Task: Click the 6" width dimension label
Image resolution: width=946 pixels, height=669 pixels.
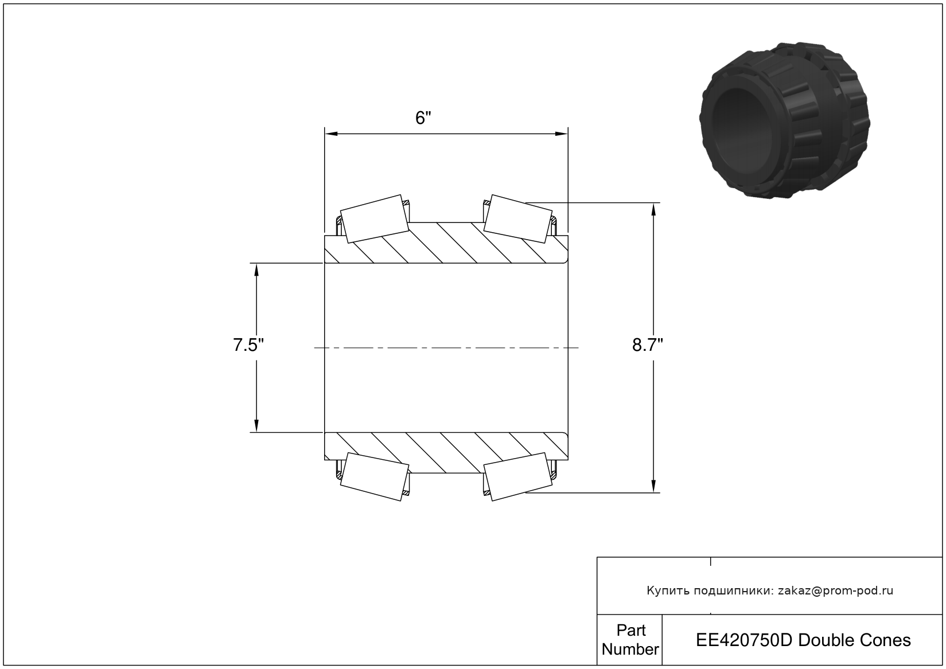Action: click(x=423, y=118)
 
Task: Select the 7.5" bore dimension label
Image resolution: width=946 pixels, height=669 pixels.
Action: click(x=248, y=345)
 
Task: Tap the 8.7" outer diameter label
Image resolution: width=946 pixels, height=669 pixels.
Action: click(x=648, y=345)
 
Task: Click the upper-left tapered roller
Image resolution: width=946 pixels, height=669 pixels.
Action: click(x=375, y=218)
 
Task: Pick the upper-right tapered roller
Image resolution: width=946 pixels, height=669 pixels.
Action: click(x=518, y=218)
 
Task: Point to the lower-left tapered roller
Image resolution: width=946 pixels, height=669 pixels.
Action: click(x=375, y=476)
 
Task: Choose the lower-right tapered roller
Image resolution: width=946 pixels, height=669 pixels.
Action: click(x=518, y=476)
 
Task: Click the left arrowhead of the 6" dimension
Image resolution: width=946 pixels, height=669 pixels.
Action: click(x=331, y=134)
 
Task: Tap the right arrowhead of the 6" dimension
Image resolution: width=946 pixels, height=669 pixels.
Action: click(x=561, y=134)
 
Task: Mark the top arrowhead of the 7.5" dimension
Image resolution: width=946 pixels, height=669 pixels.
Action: click(x=256, y=269)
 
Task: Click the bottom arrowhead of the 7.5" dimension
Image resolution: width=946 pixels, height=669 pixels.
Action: click(x=256, y=426)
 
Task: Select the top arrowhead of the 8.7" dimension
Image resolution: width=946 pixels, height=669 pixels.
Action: click(x=653, y=209)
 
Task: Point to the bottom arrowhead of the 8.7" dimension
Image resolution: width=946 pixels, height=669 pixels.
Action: click(x=653, y=486)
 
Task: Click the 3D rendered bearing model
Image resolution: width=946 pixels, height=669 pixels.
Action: click(x=785, y=120)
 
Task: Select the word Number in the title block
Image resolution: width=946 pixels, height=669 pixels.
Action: click(x=630, y=649)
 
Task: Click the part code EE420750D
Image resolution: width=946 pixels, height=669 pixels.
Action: click(x=745, y=640)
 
